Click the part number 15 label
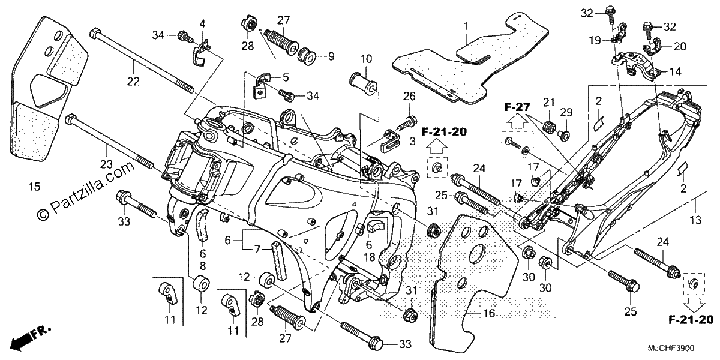(34, 187)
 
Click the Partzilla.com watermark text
(86, 191)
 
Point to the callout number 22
(133, 82)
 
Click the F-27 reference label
(517, 107)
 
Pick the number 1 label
(466, 26)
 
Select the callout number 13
(695, 221)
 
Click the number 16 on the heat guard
(489, 313)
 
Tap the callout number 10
(366, 59)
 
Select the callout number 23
(106, 164)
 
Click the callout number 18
(370, 257)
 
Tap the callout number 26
(409, 96)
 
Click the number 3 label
(412, 142)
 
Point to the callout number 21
(548, 103)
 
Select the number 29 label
(566, 112)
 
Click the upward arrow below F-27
(516, 122)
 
